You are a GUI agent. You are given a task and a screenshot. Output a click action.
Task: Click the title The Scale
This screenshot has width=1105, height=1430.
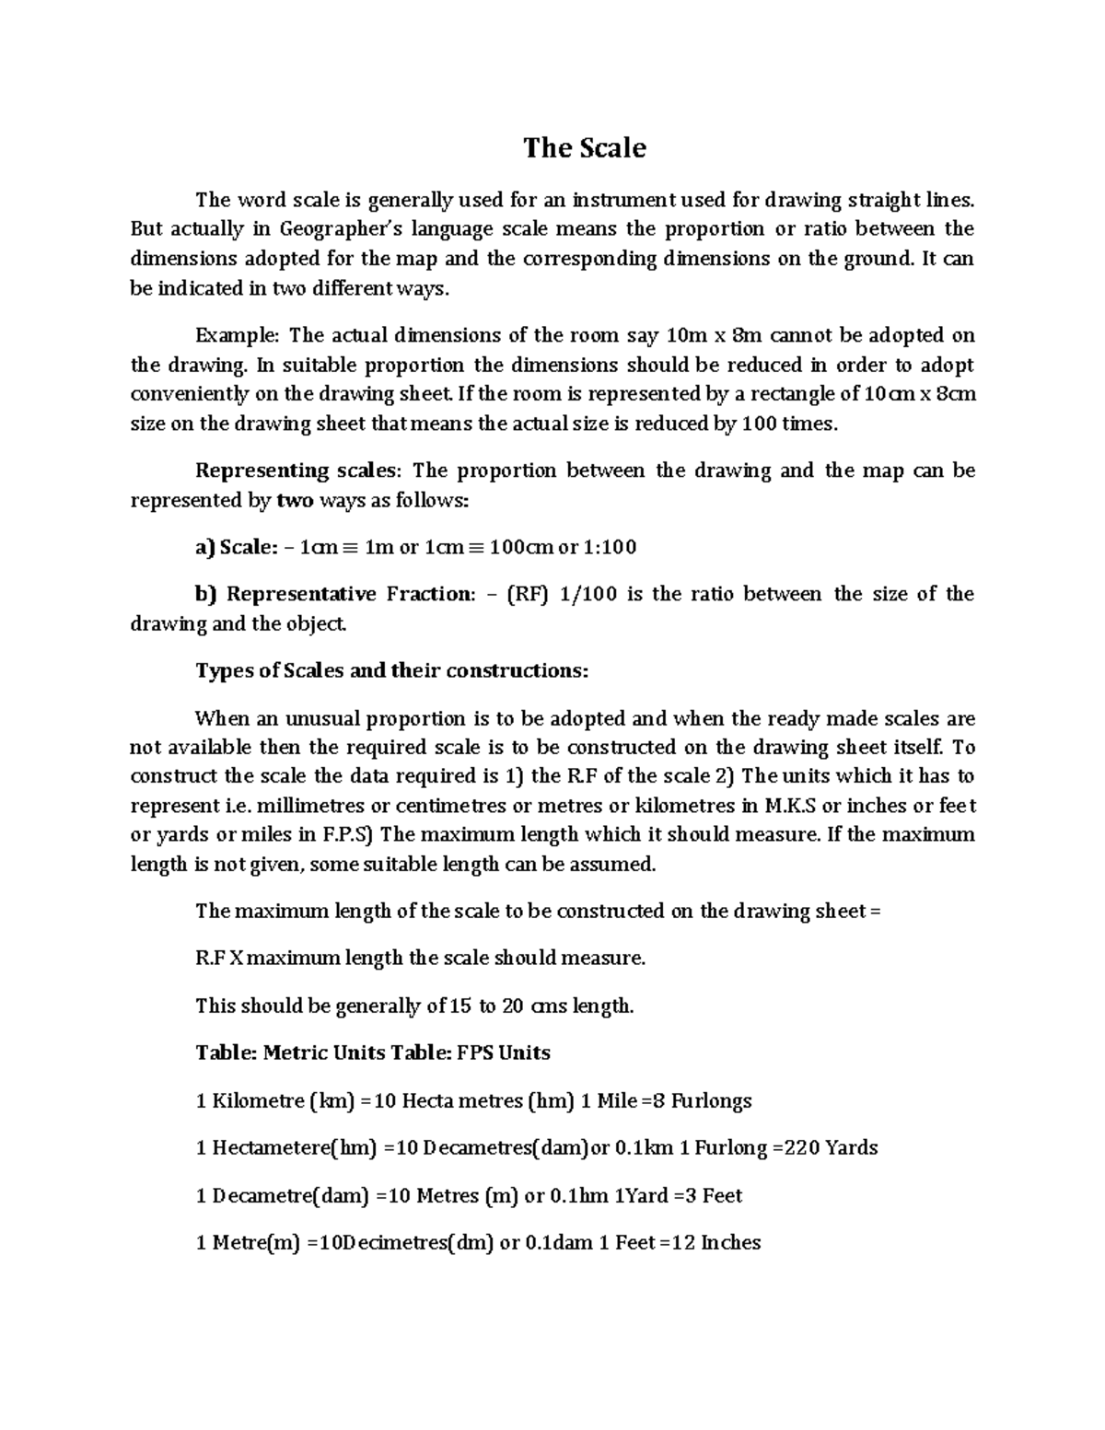pos(585,148)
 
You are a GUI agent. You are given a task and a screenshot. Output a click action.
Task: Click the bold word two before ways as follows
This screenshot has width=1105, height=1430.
pos(296,500)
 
